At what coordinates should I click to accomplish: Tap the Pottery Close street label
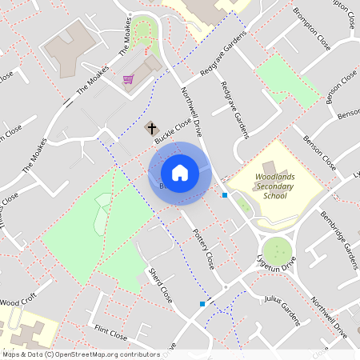(x=204, y=248)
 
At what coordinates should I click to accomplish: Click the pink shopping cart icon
(x=128, y=79)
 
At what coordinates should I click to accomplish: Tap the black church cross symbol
(x=151, y=128)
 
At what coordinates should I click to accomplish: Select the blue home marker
(x=180, y=172)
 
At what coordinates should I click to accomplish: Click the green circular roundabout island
(x=277, y=250)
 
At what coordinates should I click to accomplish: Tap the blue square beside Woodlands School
(x=226, y=195)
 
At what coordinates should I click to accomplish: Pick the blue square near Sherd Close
(x=202, y=304)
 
